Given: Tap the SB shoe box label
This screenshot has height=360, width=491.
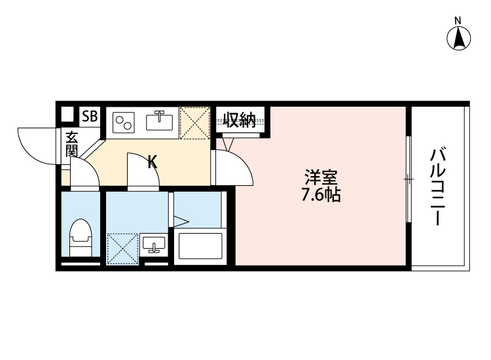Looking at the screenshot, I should point(89,118).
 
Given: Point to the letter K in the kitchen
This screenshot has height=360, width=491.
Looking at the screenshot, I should point(152,161).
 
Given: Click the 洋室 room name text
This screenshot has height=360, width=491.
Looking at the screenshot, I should point(321,177).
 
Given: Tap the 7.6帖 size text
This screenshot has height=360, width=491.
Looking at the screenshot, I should point(321,195).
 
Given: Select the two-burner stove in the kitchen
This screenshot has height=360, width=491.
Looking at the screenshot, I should point(124,121).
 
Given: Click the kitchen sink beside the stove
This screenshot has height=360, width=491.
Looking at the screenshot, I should point(159,120).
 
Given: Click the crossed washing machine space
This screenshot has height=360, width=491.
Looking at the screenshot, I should point(122,249).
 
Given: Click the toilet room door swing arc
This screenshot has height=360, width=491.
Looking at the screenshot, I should point(84,174).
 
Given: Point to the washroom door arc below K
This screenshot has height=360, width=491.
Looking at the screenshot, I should point(143,171).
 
